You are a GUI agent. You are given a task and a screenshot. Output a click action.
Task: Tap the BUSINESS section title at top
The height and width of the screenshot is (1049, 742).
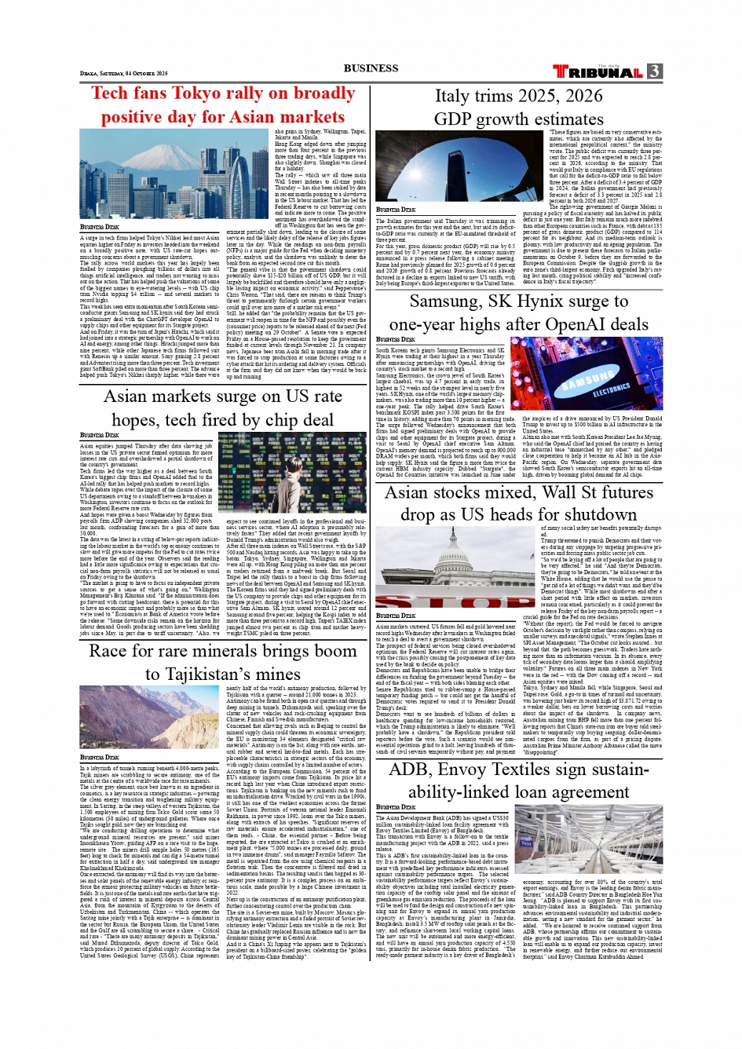tap(371, 68)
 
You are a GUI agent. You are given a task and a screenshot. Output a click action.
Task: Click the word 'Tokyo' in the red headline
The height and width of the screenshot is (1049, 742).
tap(196, 93)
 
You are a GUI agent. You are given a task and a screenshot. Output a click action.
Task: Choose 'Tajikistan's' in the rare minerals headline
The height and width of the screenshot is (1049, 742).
tap(224, 674)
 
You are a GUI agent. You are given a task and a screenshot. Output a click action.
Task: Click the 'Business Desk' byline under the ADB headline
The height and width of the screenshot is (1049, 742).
tap(396, 806)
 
